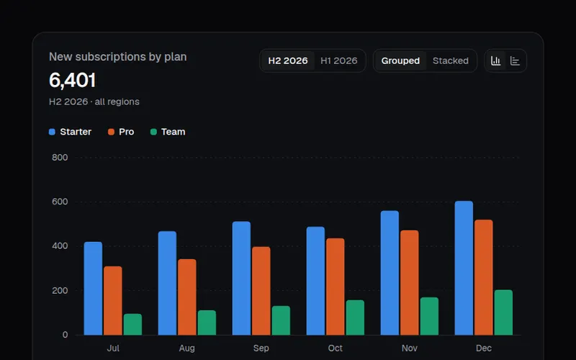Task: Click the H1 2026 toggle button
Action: tap(338, 60)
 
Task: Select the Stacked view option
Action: tap(451, 60)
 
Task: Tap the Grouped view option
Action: tap(400, 60)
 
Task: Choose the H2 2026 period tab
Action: tap(287, 60)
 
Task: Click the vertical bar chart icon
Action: tap(496, 60)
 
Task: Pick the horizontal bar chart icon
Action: tap(515, 60)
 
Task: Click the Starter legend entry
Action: tap(70, 132)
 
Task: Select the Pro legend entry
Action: tap(121, 132)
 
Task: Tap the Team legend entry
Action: tap(168, 132)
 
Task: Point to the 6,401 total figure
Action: tap(73, 80)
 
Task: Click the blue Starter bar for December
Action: tap(464, 268)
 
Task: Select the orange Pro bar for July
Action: tap(113, 300)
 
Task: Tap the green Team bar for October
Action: tap(355, 318)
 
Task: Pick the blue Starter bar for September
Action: tap(241, 278)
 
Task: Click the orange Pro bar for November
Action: tap(410, 282)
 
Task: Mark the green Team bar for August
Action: tap(207, 323)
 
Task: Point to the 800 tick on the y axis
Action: tap(60, 158)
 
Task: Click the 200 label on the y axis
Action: tap(60, 291)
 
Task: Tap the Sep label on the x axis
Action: tap(261, 348)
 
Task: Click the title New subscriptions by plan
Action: tap(118, 57)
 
